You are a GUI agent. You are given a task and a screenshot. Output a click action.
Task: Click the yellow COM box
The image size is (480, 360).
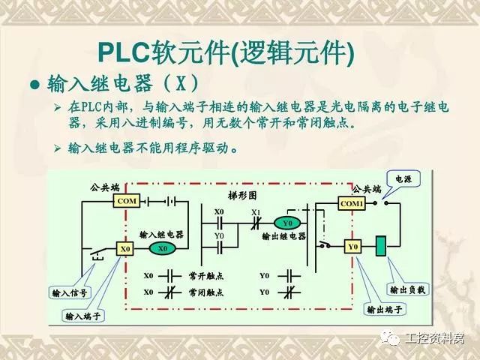click(x=126, y=200)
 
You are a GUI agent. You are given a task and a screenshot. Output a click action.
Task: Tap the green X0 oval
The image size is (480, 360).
click(x=162, y=247)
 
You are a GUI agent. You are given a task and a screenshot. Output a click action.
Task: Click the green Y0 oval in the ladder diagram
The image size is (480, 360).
click(x=286, y=223)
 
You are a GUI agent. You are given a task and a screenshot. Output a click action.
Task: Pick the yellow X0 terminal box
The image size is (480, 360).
click(x=126, y=247)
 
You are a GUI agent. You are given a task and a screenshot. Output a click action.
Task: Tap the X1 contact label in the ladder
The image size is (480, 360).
click(x=256, y=212)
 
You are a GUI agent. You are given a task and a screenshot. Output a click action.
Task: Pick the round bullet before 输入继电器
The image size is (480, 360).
click(x=34, y=83)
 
